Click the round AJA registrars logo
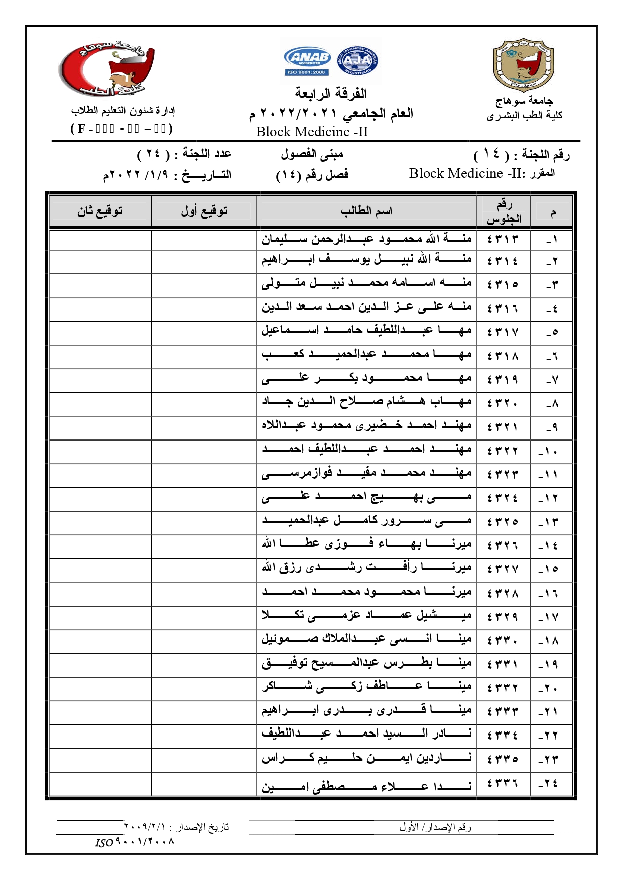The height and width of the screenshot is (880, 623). pos(358,61)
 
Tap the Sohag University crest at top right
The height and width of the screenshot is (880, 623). pos(523,65)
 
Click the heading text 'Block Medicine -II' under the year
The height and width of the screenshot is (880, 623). pos(312,132)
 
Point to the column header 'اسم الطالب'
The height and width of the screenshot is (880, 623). pos(366,211)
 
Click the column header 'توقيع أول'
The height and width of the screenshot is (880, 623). pos(204,211)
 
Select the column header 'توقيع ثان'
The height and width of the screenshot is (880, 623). pos(100,211)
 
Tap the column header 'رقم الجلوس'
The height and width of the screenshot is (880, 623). pos(504,211)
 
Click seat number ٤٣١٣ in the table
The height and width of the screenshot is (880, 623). pos(503,239)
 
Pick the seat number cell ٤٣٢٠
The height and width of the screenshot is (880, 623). pos(503,404)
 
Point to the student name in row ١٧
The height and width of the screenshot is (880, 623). pos(366,617)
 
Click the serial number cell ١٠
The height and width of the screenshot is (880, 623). pos(551,452)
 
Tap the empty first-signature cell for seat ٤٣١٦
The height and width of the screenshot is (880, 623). pos(204,309)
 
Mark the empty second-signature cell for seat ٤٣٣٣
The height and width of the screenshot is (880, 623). pos(100,712)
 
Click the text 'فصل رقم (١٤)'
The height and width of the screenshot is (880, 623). pos(312,175)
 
